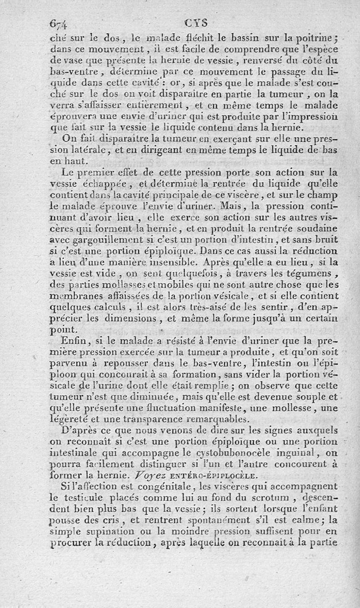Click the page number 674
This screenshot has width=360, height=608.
click(x=62, y=23)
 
